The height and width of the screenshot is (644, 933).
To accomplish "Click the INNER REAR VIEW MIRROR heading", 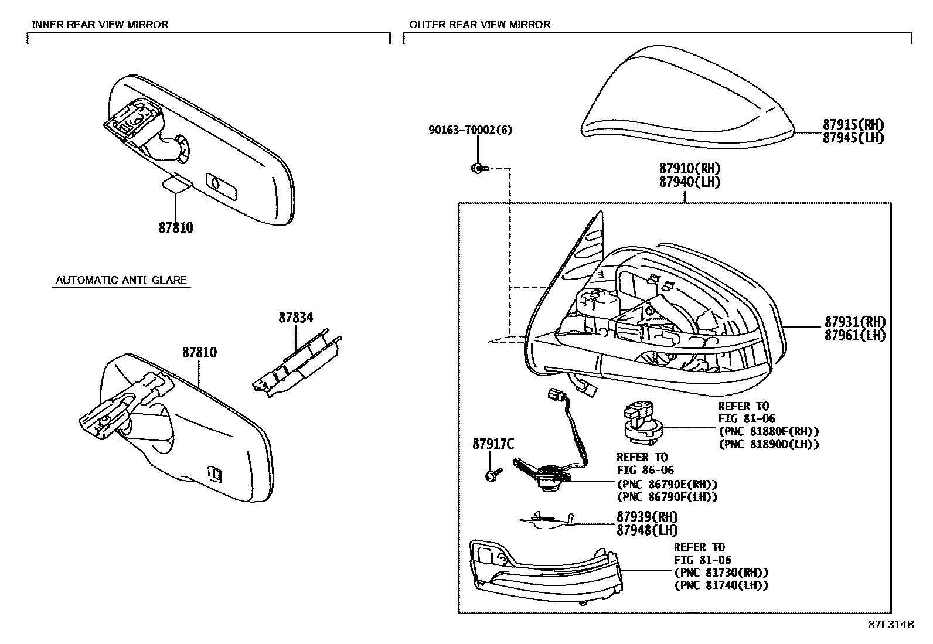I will pos(100,24).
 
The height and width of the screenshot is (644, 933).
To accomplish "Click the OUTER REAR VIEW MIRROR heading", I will pos(479,24).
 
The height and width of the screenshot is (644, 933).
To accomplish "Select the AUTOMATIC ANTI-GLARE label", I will pos(121,280).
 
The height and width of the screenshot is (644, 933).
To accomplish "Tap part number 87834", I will pos(295,318).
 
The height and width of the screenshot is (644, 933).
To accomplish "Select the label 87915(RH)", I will pos(853,124).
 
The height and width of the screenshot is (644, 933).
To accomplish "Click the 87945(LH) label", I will pos(853,138).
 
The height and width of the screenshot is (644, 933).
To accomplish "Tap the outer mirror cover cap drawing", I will pos(686,103).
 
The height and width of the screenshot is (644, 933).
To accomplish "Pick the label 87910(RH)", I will pos(689,169).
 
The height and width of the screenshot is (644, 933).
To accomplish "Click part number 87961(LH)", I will pos(854,335).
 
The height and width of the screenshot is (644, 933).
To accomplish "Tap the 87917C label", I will pos(493,444).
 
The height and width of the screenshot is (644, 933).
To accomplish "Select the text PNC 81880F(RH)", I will pos(768,431).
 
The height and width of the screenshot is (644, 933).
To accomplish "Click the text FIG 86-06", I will pos(645,470).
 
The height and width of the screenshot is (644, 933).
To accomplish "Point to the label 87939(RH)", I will pos(646,517).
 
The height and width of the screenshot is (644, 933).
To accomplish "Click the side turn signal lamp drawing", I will pos(545,568).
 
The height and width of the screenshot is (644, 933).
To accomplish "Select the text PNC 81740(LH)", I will pos(721,585).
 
